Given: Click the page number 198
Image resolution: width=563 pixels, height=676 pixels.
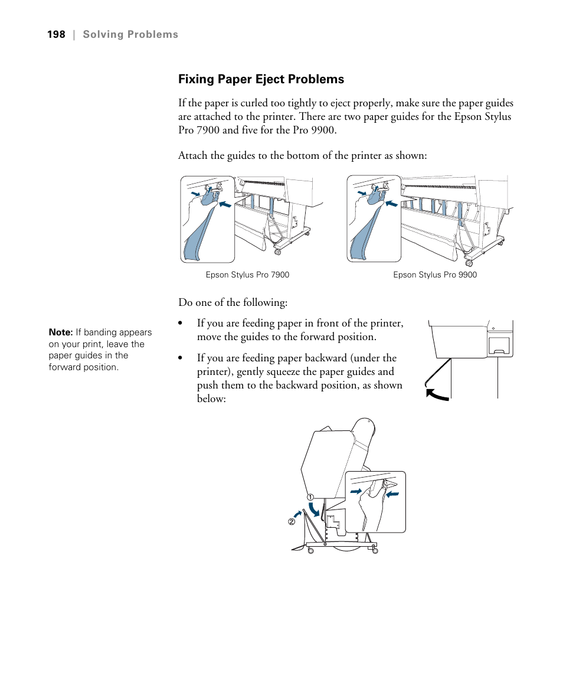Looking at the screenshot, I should [56, 34].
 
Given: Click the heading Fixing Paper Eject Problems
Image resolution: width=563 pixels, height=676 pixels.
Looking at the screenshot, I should [261, 79].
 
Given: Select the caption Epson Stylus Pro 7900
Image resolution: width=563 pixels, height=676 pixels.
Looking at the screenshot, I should [247, 275].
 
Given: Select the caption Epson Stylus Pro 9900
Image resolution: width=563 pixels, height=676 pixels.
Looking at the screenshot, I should [435, 275].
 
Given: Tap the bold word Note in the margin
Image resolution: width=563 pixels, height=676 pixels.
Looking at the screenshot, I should [61, 332].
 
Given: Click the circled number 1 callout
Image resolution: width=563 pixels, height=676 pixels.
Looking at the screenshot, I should [309, 497].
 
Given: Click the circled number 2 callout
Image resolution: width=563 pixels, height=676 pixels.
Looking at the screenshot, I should [292, 522].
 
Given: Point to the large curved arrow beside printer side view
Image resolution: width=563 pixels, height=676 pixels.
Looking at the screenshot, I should [436, 394].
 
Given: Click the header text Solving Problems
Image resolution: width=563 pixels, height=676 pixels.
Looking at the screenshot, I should [130, 34].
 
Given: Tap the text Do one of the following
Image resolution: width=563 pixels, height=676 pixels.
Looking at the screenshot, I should [233, 302].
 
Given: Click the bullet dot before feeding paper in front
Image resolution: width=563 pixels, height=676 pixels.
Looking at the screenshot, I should [182, 324].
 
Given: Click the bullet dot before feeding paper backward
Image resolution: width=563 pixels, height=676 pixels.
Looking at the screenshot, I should [182, 358].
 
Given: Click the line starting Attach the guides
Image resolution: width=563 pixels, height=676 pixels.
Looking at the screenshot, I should [302, 155].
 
